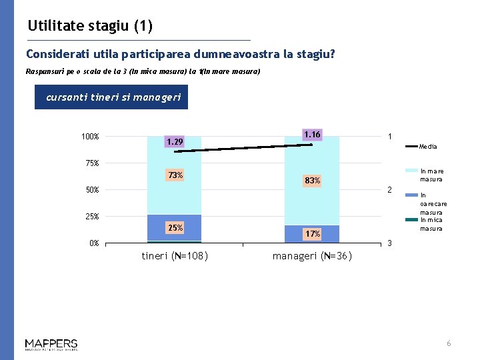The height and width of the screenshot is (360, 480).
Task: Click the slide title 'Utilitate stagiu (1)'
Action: click(90, 27)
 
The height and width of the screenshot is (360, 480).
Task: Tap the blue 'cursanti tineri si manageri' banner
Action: click(113, 97)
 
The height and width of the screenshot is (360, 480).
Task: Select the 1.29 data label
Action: click(175, 142)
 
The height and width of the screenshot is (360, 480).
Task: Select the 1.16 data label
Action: click(311, 135)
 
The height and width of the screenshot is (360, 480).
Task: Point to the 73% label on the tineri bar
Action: click(175, 175)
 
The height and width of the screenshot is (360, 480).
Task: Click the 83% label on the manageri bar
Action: click(312, 181)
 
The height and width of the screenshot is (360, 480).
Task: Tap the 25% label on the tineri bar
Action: click(175, 228)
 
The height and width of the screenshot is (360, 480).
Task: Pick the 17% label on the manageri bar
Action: click(312, 234)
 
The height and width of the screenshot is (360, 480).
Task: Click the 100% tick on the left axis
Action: click(90, 137)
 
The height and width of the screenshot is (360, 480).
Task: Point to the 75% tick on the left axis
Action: click(91, 163)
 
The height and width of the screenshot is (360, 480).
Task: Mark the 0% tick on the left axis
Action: click(94, 243)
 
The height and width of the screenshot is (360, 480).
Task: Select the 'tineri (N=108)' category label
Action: click(175, 256)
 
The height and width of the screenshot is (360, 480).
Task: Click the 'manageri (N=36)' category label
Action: click(312, 256)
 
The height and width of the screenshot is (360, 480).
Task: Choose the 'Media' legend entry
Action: click(429, 147)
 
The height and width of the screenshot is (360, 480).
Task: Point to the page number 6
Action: click(449, 343)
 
